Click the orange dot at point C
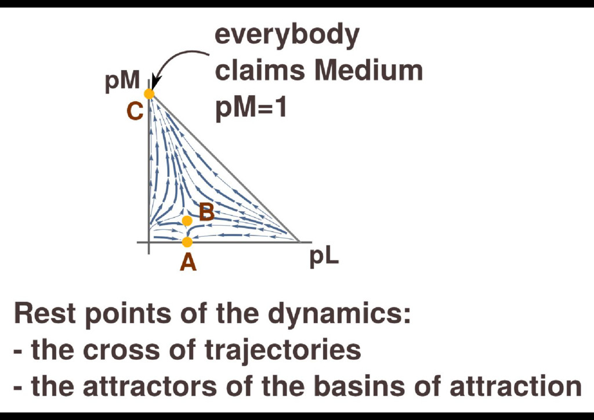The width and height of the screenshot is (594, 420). [149, 94]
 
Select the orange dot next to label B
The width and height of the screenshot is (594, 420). [187, 221]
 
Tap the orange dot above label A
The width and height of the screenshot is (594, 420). [187, 242]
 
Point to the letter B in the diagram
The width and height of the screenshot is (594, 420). [207, 213]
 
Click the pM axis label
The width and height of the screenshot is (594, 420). [122, 82]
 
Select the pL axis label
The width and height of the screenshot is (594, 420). [324, 257]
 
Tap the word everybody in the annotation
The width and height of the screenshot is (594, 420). [288, 35]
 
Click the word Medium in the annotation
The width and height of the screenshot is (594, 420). [368, 71]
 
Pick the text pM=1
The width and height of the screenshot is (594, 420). [251, 108]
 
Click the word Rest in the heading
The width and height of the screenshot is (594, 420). [45, 314]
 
